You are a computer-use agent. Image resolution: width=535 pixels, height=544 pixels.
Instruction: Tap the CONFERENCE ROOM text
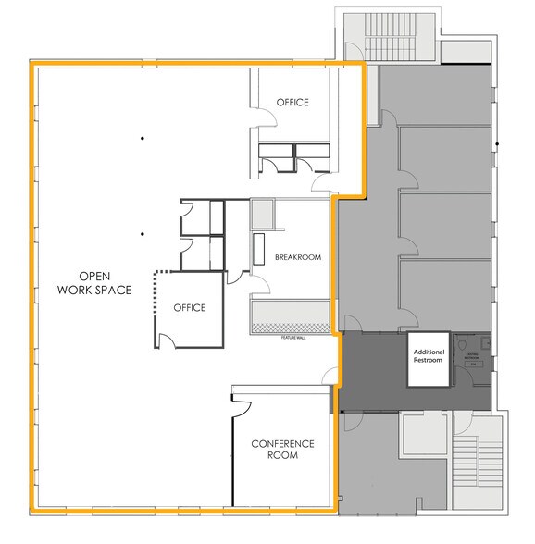[x=283, y=451]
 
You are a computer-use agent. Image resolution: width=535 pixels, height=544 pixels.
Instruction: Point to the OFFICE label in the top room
[x=292, y=103]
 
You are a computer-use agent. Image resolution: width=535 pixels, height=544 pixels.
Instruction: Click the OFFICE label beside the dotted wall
[x=189, y=308]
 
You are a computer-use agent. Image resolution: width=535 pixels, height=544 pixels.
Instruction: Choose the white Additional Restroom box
[x=429, y=355]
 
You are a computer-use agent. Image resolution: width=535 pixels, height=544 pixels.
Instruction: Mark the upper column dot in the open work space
[x=143, y=139]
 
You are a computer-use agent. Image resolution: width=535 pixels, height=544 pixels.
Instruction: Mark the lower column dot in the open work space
[x=143, y=233]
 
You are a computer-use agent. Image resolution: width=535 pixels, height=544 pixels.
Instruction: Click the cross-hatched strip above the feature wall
[x=291, y=327]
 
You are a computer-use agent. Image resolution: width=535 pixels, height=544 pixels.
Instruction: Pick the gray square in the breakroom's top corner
[x=262, y=215]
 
